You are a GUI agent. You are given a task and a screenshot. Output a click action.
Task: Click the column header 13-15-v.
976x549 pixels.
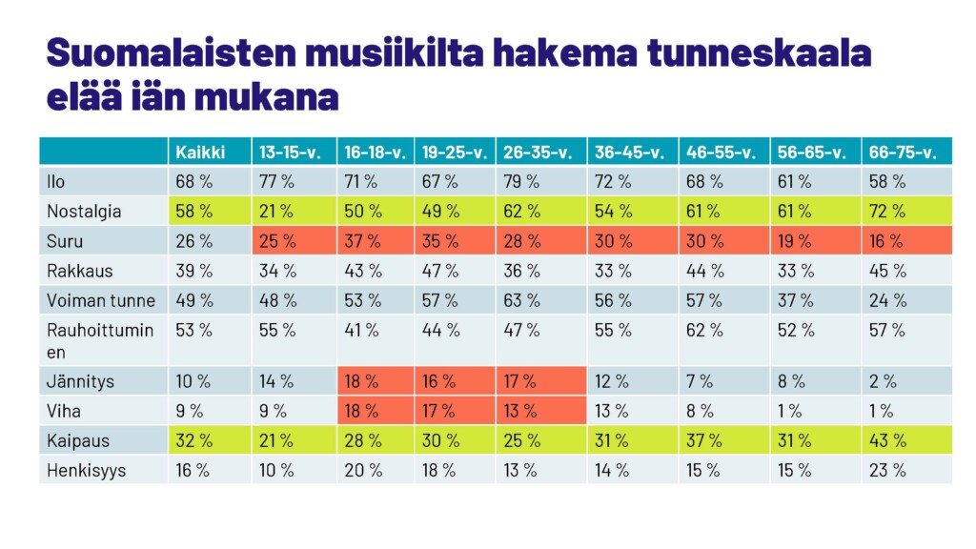(x=288, y=152)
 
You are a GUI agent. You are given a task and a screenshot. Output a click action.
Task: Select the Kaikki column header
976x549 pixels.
(x=200, y=152)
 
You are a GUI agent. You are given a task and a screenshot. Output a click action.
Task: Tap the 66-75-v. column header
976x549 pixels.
(x=903, y=152)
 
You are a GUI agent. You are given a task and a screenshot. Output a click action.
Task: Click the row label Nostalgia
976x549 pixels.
(x=84, y=212)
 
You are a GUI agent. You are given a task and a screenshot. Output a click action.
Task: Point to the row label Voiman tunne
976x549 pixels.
(x=101, y=300)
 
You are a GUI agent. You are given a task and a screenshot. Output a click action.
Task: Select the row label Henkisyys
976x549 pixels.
(x=86, y=470)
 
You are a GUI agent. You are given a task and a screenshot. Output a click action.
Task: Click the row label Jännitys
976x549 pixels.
(x=80, y=381)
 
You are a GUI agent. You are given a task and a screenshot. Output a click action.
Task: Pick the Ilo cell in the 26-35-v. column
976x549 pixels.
(x=521, y=181)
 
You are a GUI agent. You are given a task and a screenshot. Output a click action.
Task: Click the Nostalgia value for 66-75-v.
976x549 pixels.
(x=887, y=212)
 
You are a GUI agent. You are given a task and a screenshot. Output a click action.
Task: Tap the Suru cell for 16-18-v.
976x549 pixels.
(x=361, y=241)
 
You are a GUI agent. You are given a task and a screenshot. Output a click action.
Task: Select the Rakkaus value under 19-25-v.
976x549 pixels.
(x=440, y=271)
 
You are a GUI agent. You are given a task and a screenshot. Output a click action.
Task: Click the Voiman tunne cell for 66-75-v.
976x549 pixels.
(x=887, y=300)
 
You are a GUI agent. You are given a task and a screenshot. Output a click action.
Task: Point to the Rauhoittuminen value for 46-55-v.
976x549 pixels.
(x=706, y=331)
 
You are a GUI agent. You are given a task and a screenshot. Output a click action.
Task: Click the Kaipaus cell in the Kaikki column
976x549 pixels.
(x=193, y=440)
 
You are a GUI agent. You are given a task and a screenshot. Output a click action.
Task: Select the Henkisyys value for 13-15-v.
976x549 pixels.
(x=277, y=470)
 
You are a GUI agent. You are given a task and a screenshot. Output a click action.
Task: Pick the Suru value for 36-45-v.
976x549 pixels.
(x=613, y=241)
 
